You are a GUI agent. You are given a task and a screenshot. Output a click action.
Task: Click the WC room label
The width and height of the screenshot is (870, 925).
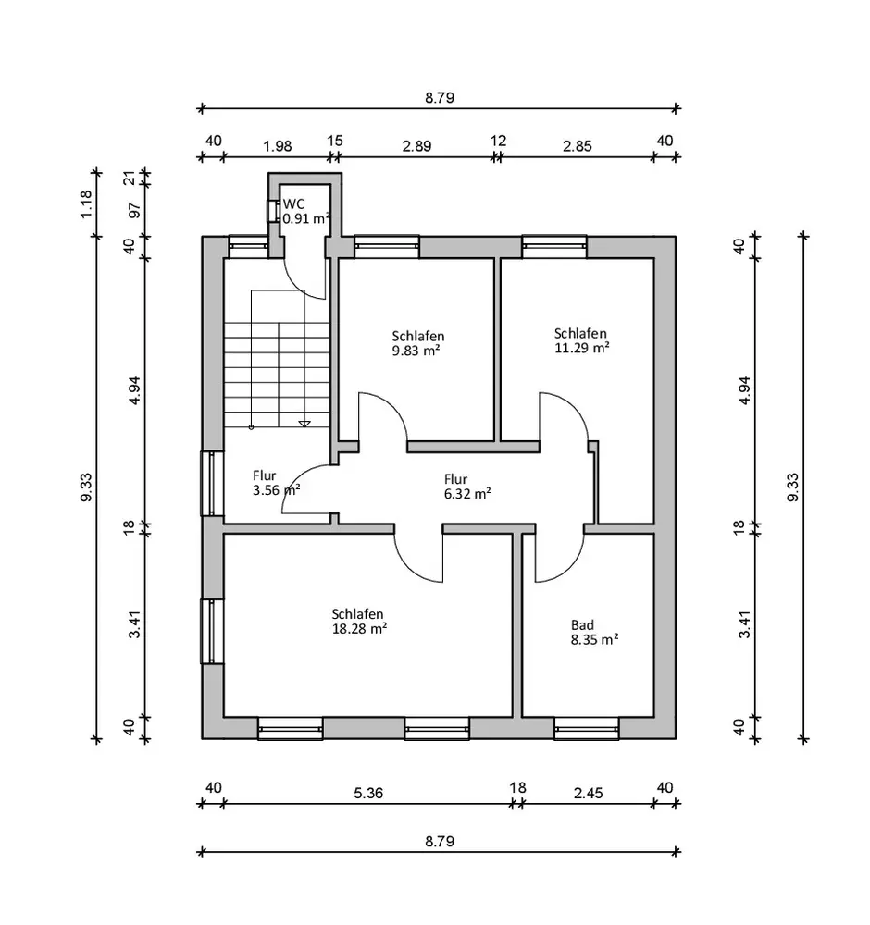pyautogui.click(x=293, y=203)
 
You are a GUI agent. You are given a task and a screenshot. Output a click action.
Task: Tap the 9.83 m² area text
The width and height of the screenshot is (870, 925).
pyautogui.click(x=416, y=351)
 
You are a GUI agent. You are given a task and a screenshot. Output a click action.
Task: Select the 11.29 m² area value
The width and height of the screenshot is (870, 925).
pyautogui.click(x=580, y=348)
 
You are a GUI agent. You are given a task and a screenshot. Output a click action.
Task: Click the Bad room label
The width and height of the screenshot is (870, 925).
pyautogui.click(x=581, y=624)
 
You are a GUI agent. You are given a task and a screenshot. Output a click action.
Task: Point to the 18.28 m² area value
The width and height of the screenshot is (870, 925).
pyautogui.click(x=358, y=627)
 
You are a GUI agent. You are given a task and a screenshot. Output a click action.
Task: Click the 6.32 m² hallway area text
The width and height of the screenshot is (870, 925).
pyautogui.click(x=466, y=493)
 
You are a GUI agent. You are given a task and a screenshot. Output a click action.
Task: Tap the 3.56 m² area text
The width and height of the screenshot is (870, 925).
pyautogui.click(x=276, y=490)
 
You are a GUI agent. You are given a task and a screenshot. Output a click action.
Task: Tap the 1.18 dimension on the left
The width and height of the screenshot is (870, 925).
pyautogui.click(x=87, y=203)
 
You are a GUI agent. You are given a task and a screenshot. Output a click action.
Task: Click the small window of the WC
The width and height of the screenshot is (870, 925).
pyautogui.click(x=272, y=210)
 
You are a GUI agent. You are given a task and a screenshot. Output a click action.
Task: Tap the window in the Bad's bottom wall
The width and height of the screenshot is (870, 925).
pyautogui.click(x=587, y=731)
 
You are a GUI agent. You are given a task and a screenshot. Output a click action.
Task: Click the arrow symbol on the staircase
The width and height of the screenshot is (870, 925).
pyautogui.click(x=304, y=424)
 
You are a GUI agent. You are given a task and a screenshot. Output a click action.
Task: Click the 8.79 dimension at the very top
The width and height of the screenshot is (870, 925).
pyautogui.click(x=439, y=97)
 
